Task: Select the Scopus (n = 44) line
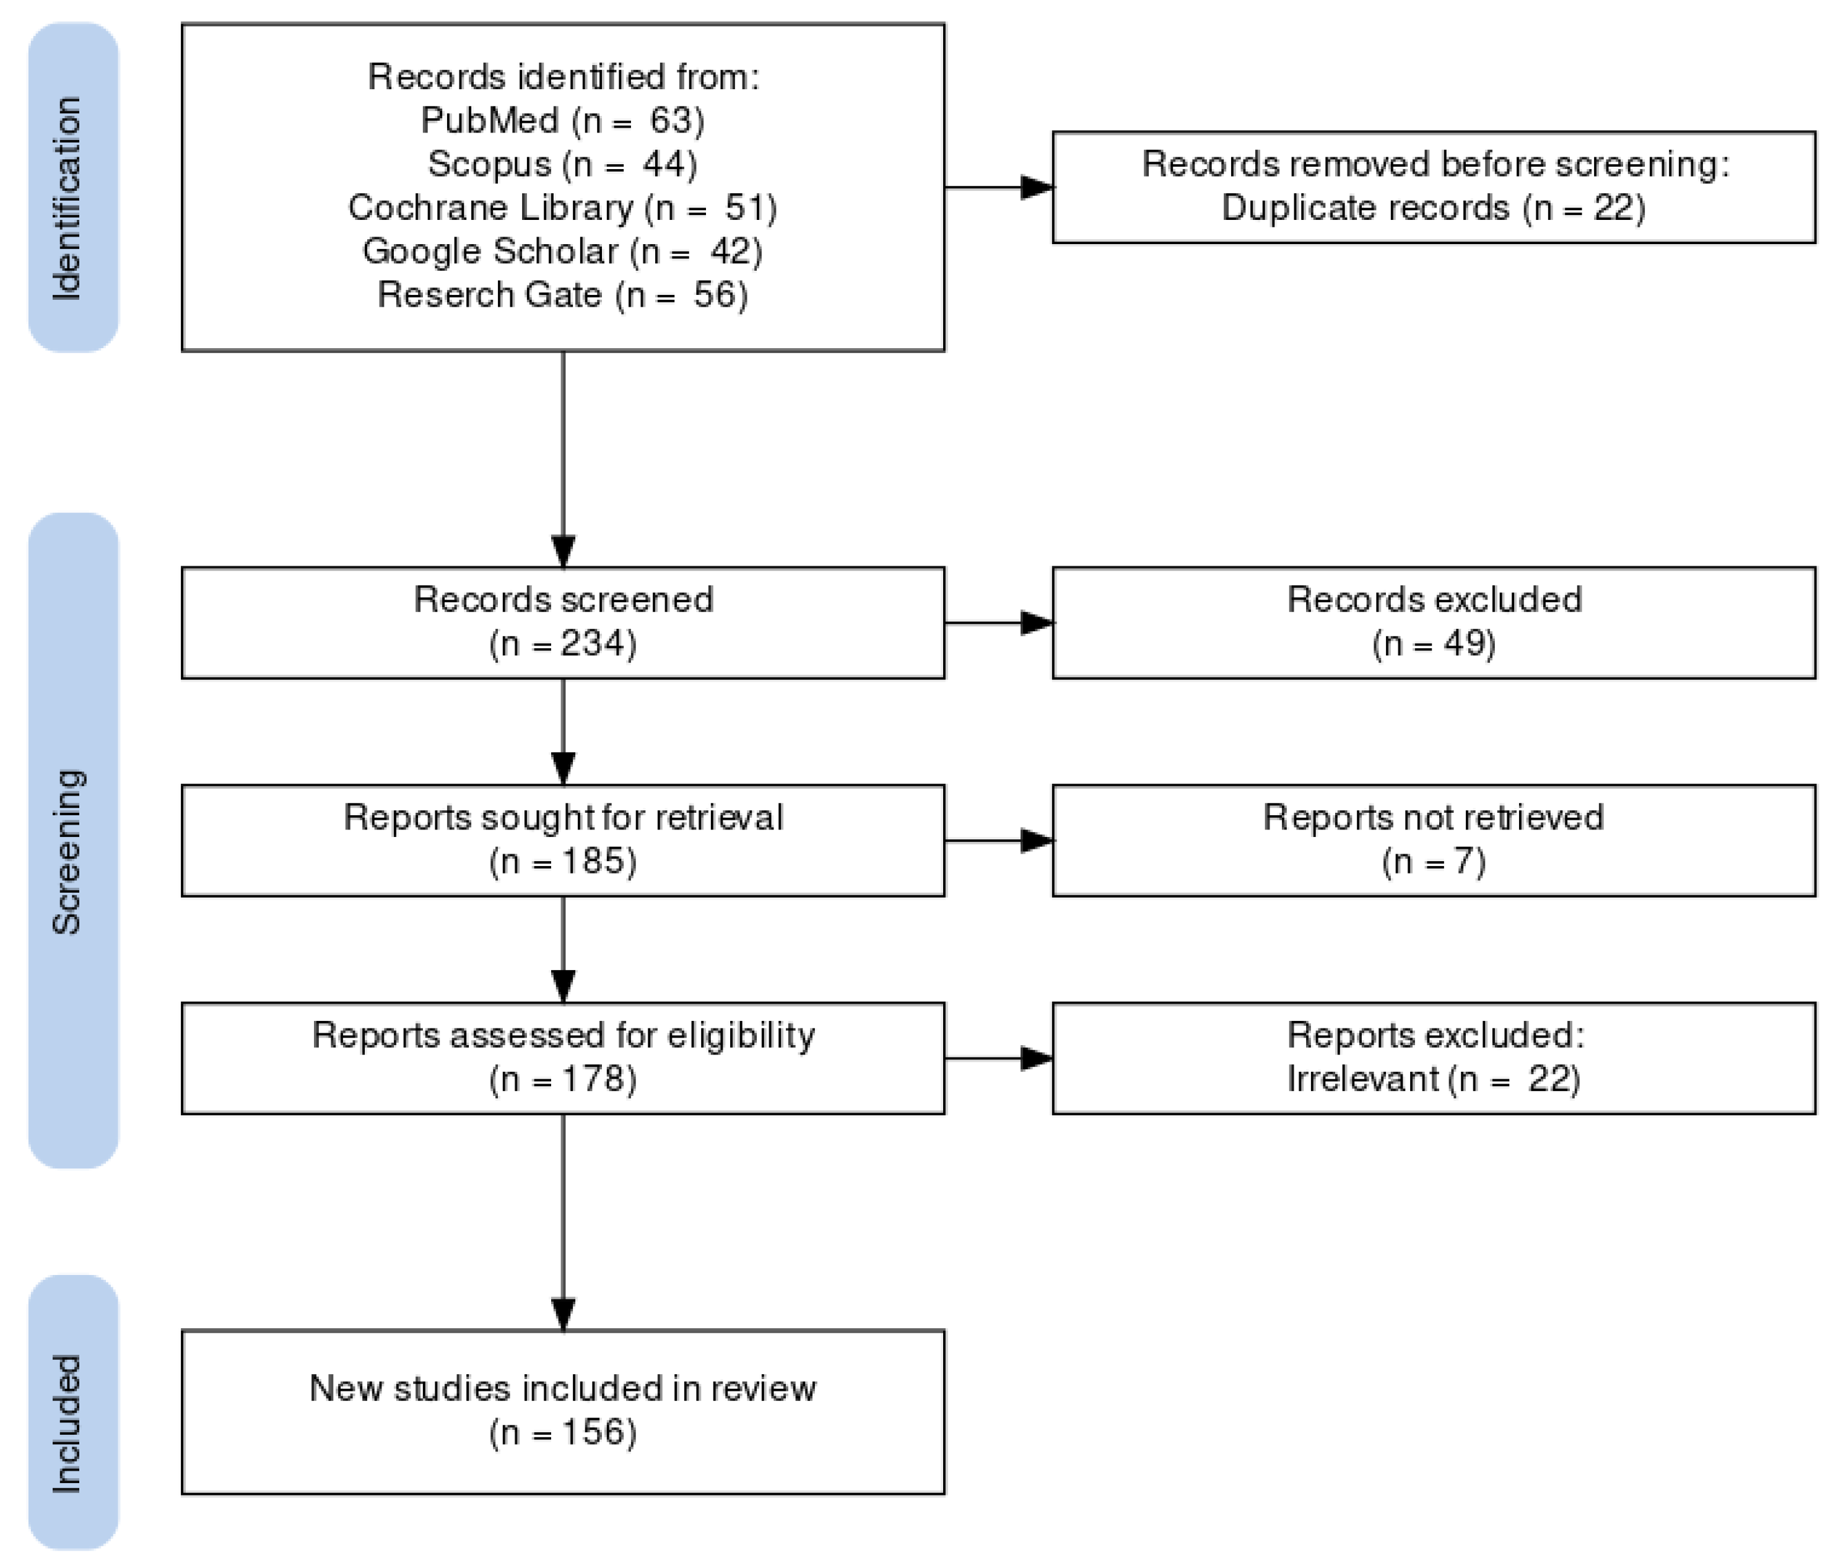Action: (x=562, y=164)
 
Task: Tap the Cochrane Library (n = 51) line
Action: (x=562, y=208)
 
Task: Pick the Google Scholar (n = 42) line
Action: (x=562, y=251)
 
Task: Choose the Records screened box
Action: (x=562, y=622)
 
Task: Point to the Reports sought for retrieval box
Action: (x=562, y=839)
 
